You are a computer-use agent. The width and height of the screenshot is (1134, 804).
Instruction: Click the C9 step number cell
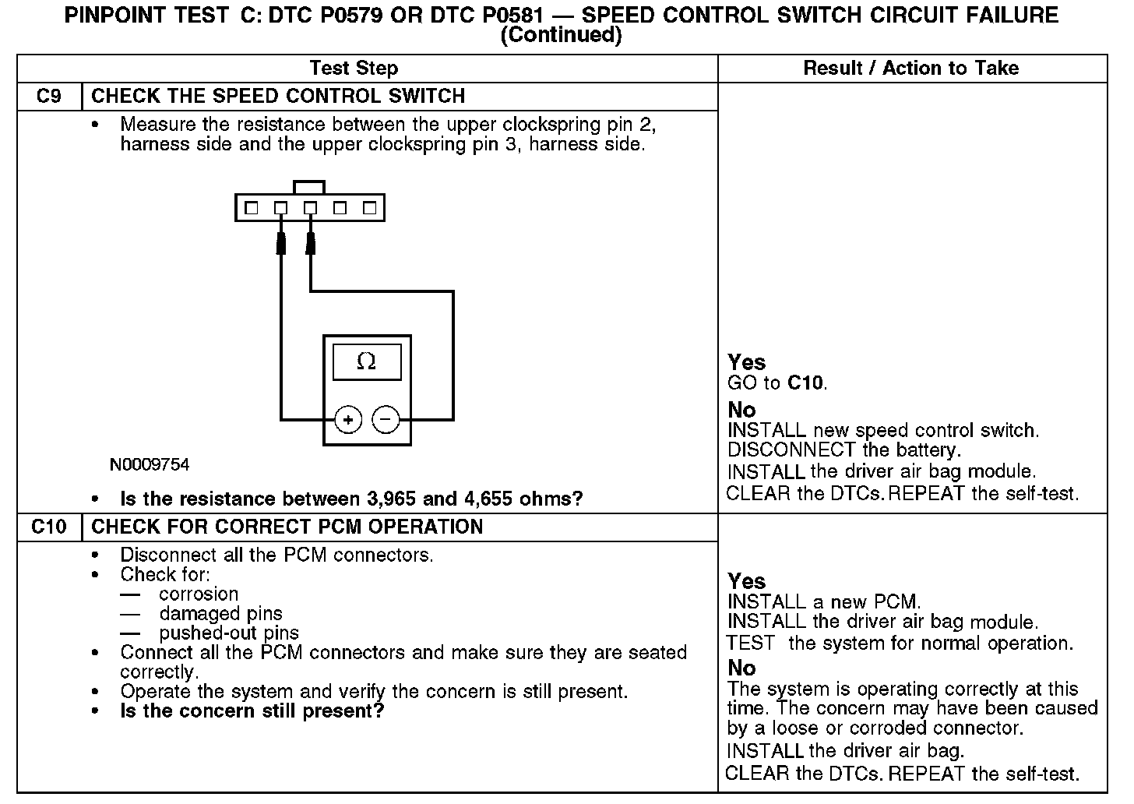[49, 97]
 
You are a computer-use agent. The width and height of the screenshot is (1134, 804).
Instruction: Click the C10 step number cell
[49, 527]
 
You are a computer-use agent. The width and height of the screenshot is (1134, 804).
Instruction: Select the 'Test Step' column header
[354, 69]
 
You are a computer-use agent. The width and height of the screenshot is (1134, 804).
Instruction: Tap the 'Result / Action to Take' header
[910, 69]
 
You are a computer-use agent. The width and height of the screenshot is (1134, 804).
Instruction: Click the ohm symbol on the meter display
[366, 361]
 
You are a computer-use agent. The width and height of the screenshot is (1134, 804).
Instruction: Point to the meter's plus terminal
[348, 421]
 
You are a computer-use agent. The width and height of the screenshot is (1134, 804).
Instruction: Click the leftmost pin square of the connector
[251, 208]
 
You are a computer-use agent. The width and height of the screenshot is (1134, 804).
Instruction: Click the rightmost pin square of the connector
[370, 208]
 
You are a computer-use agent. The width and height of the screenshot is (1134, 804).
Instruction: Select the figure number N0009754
[150, 465]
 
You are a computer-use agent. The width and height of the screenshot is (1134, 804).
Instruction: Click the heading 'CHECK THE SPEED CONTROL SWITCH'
[278, 97]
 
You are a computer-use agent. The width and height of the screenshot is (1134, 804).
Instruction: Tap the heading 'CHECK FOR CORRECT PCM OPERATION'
[287, 527]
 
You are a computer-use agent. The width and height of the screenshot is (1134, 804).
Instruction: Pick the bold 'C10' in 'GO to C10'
[805, 383]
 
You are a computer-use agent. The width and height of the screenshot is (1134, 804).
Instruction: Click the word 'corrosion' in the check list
[199, 594]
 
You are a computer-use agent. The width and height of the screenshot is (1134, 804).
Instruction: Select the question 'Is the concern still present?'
[252, 711]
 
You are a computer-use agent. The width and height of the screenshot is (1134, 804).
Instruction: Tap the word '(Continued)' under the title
[561, 35]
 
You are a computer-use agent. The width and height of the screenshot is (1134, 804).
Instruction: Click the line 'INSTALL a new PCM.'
[824, 602]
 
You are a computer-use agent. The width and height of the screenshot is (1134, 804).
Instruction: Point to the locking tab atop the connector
[309, 187]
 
